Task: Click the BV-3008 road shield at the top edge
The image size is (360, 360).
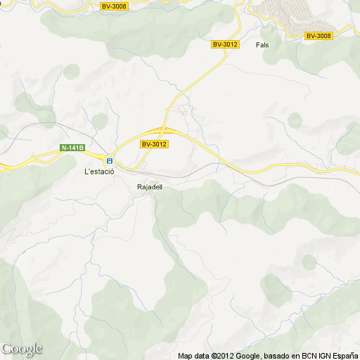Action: coord(114,6)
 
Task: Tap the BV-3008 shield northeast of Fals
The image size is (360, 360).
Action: coord(319,36)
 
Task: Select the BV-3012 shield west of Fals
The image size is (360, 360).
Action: coord(226,44)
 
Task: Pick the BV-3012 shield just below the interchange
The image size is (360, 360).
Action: coord(154,144)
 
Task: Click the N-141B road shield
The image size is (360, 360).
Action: coord(72,148)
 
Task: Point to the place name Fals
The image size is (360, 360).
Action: coord(263,44)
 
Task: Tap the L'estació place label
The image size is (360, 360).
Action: coord(99,171)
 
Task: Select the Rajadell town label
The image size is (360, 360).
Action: coord(150,187)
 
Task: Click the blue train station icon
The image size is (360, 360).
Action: coord(110,160)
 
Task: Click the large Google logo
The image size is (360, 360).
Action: coord(21,349)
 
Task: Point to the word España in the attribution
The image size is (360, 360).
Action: coord(344,356)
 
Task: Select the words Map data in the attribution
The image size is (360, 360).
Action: coord(193,356)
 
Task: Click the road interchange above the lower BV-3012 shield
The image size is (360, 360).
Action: coord(162,130)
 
